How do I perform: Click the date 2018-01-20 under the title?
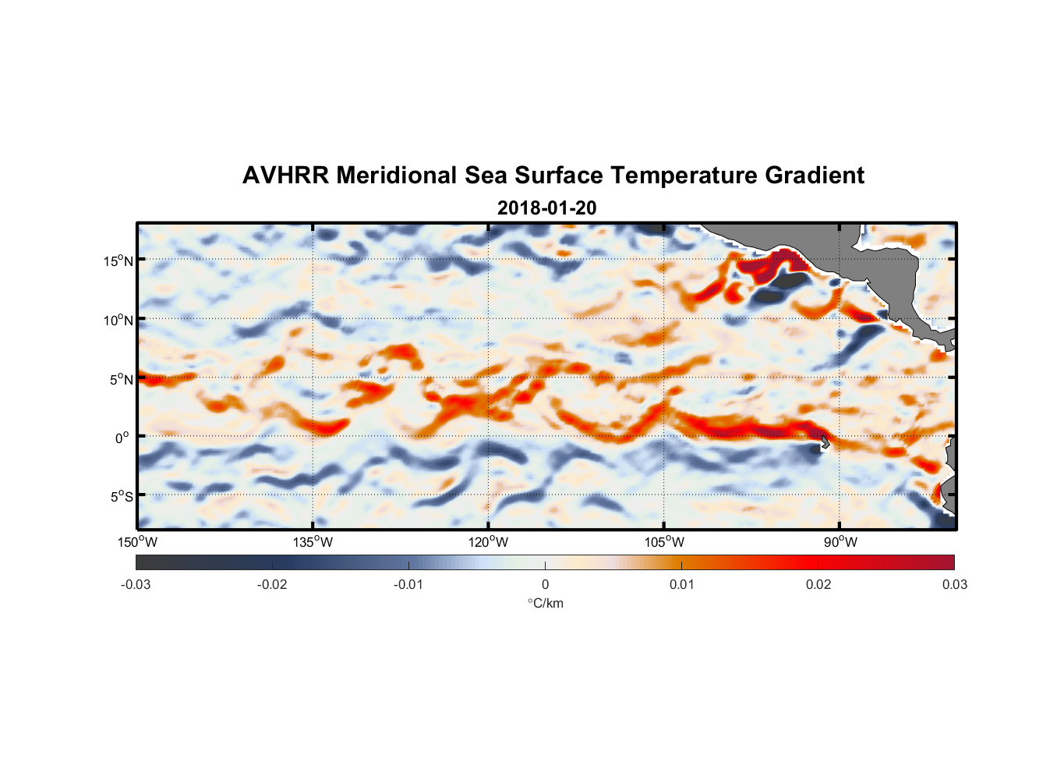pyautogui.click(x=546, y=208)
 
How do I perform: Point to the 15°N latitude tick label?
pyautogui.click(x=118, y=261)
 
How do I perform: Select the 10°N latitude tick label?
pyautogui.click(x=118, y=320)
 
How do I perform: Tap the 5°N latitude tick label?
pyautogui.click(x=120, y=379)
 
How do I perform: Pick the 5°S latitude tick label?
pyautogui.click(x=120, y=496)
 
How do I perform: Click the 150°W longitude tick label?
pyautogui.click(x=137, y=542)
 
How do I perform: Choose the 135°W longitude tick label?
pyautogui.click(x=313, y=542)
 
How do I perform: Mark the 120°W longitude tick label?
pyautogui.click(x=488, y=542)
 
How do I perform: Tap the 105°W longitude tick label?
pyautogui.click(x=664, y=542)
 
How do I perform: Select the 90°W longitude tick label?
pyautogui.click(x=840, y=542)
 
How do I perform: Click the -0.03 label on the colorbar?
pyautogui.click(x=136, y=584)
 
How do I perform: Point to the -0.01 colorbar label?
pyautogui.click(x=408, y=584)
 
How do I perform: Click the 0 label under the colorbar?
pyautogui.click(x=545, y=584)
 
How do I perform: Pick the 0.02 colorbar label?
pyautogui.click(x=818, y=584)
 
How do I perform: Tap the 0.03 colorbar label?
pyautogui.click(x=954, y=584)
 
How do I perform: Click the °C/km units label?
pyautogui.click(x=545, y=603)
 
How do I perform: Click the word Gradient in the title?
pyautogui.click(x=815, y=175)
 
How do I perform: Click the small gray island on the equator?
pyautogui.click(x=825, y=442)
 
